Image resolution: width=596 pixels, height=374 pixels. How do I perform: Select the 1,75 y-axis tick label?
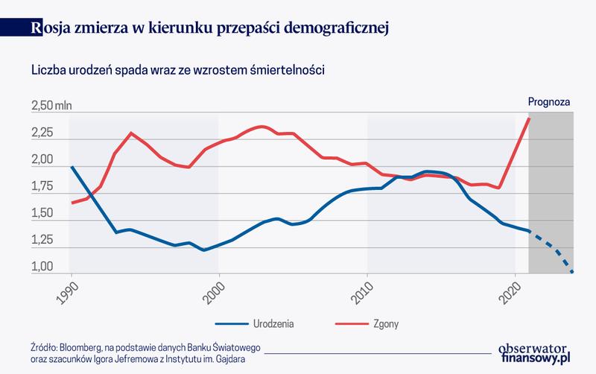42,187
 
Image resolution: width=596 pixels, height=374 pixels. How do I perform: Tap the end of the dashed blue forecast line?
572,272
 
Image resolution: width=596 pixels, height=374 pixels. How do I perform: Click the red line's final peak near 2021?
529,118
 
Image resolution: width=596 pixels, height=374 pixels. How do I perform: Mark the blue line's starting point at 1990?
72,167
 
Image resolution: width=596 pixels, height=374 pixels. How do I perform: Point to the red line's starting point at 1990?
72,203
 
